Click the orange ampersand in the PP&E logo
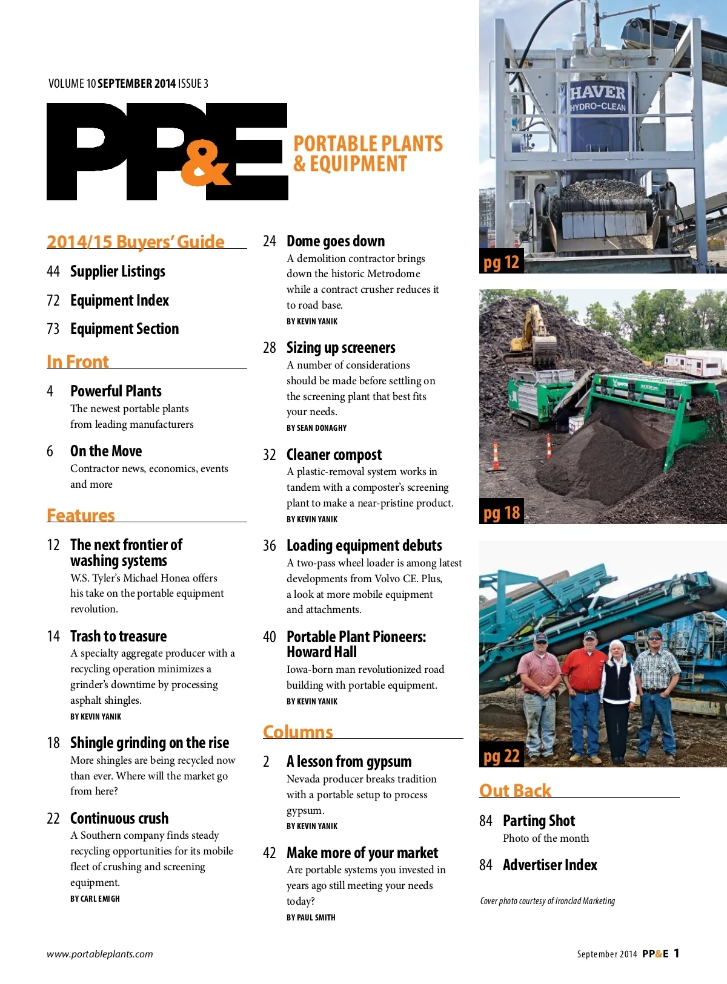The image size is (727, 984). click(x=205, y=165)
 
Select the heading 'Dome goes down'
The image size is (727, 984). click(x=336, y=241)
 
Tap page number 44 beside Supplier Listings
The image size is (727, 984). click(x=53, y=272)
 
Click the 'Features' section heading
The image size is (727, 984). click(x=81, y=515)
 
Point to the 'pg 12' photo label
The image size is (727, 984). click(x=501, y=262)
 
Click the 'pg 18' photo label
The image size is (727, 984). click(x=501, y=513)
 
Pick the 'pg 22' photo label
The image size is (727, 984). click(x=501, y=756)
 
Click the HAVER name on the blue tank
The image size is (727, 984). click(x=597, y=93)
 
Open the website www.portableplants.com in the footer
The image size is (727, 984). click(x=100, y=954)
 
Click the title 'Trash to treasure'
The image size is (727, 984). click(x=118, y=637)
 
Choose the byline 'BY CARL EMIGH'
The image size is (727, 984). click(x=95, y=899)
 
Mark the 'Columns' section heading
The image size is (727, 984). click(x=297, y=732)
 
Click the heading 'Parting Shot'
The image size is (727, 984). click(x=539, y=821)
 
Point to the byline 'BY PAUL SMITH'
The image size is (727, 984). click(x=311, y=918)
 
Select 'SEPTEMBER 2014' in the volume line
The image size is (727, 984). click(x=136, y=84)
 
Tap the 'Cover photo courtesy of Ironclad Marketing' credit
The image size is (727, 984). click(x=547, y=901)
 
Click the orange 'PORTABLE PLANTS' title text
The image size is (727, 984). click(x=368, y=144)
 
